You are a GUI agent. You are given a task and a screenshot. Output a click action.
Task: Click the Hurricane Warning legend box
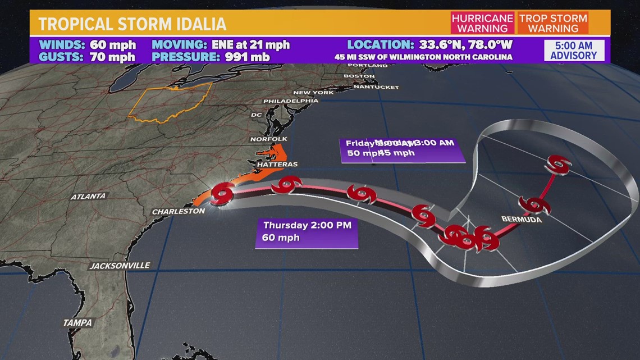click(x=482, y=23)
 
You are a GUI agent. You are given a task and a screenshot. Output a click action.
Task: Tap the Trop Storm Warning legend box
click(x=553, y=23)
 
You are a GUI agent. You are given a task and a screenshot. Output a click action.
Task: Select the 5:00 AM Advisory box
click(x=573, y=50)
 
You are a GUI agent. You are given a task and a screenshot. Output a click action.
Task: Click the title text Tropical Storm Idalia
click(x=132, y=24)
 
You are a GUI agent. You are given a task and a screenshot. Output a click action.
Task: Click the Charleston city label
click(x=179, y=211)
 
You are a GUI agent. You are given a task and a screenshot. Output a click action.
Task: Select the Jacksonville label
click(x=120, y=265)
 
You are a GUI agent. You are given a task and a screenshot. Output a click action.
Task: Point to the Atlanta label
click(x=88, y=197)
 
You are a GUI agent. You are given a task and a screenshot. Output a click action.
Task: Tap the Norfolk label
click(x=268, y=139)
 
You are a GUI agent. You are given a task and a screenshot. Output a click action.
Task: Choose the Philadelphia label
click(x=291, y=101)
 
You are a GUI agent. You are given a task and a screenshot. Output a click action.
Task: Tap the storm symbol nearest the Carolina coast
click(x=223, y=193)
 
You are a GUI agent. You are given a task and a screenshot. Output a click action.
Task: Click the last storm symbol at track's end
click(x=559, y=165)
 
